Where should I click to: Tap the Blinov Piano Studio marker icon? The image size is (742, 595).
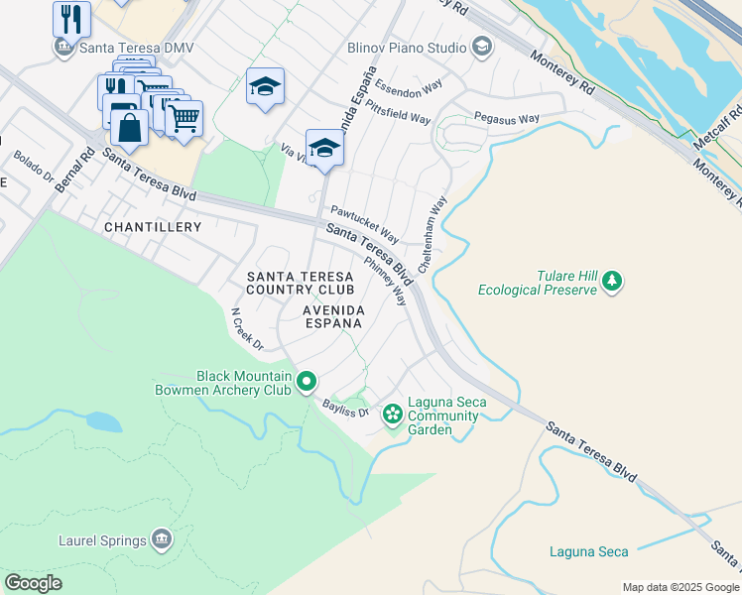point(482,46)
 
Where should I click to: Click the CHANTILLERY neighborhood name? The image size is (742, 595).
point(153,227)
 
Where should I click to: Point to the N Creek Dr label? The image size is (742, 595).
point(246,329)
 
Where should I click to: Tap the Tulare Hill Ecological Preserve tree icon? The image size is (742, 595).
point(613,282)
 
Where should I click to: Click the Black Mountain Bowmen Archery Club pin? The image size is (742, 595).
point(307,381)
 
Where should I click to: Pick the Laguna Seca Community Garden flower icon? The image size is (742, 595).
point(393,413)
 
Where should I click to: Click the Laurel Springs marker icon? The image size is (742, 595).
point(162,539)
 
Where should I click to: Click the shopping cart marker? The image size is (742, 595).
point(183,119)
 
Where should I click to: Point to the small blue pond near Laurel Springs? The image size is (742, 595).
point(103,421)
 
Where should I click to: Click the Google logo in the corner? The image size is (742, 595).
point(33,583)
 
